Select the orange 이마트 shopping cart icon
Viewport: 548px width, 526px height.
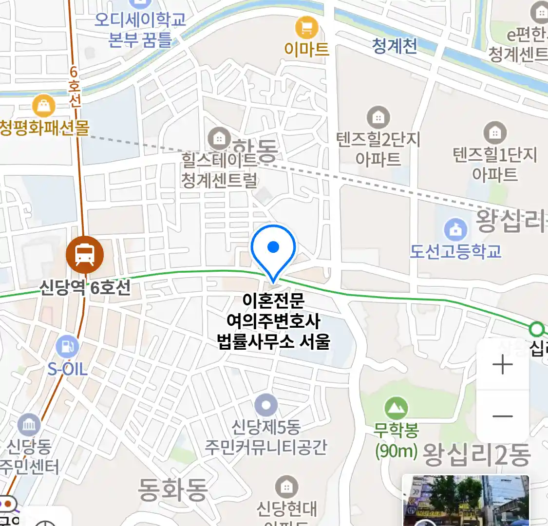[x=306, y=28]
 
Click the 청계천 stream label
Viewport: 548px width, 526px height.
[x=395, y=46]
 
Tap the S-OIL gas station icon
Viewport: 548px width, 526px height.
[x=67, y=347]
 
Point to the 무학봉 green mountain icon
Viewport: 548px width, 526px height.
[x=396, y=408]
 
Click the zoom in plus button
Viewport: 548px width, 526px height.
[x=503, y=365]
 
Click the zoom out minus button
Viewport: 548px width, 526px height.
[x=503, y=416]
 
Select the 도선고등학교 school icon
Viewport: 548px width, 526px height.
[x=455, y=229]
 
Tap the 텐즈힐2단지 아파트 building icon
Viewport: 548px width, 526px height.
[x=378, y=117]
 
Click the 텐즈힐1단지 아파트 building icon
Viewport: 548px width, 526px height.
[x=495, y=132]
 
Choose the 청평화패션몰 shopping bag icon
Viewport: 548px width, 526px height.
[x=43, y=106]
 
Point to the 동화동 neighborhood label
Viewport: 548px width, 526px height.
[x=172, y=489]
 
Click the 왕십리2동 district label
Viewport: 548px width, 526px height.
[x=476, y=455]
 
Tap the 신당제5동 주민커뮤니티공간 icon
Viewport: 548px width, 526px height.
[x=266, y=405]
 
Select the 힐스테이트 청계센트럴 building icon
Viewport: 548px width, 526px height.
[x=219, y=139]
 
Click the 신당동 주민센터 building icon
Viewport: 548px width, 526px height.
[x=29, y=425]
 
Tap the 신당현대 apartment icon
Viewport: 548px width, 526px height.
[x=286, y=487]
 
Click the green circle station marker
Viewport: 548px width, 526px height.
[x=537, y=330]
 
